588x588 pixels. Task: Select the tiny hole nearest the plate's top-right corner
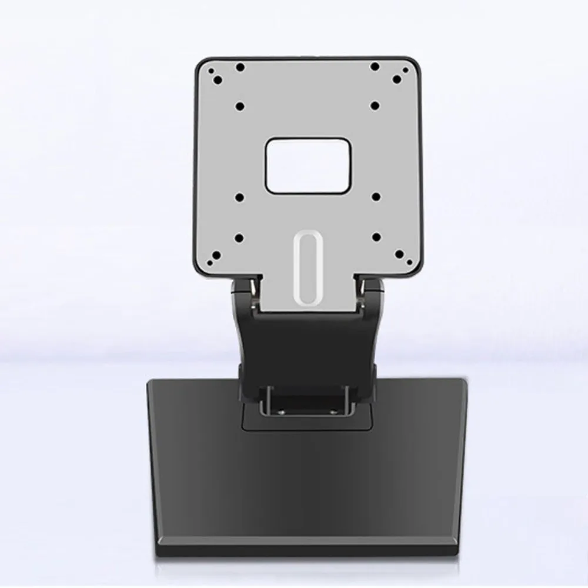397,79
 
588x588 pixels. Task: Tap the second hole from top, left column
240,106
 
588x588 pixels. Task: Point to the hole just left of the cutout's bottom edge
240,197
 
